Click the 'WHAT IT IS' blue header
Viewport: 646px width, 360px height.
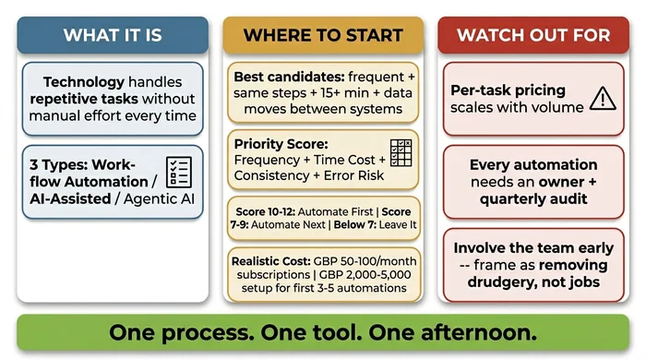click(113, 35)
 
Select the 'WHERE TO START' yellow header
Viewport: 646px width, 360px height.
click(323, 35)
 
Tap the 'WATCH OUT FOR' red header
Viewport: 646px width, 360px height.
click(532, 35)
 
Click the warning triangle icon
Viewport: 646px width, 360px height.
click(601, 97)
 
